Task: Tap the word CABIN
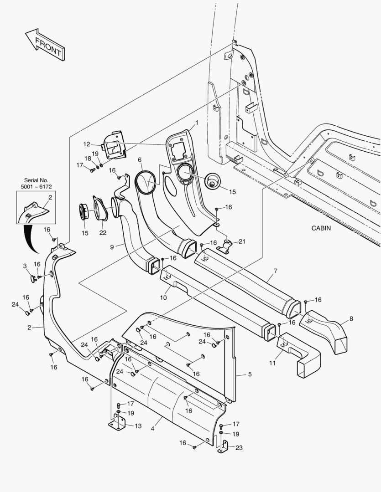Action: click(321, 228)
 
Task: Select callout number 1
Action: click(197, 123)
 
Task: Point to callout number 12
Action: click(86, 144)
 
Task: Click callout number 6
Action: click(140, 160)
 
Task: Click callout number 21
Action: click(241, 241)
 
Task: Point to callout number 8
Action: click(351, 318)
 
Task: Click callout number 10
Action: click(163, 297)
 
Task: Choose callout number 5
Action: click(250, 374)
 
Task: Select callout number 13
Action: click(138, 426)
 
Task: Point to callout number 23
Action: click(239, 447)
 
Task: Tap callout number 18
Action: click(88, 158)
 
